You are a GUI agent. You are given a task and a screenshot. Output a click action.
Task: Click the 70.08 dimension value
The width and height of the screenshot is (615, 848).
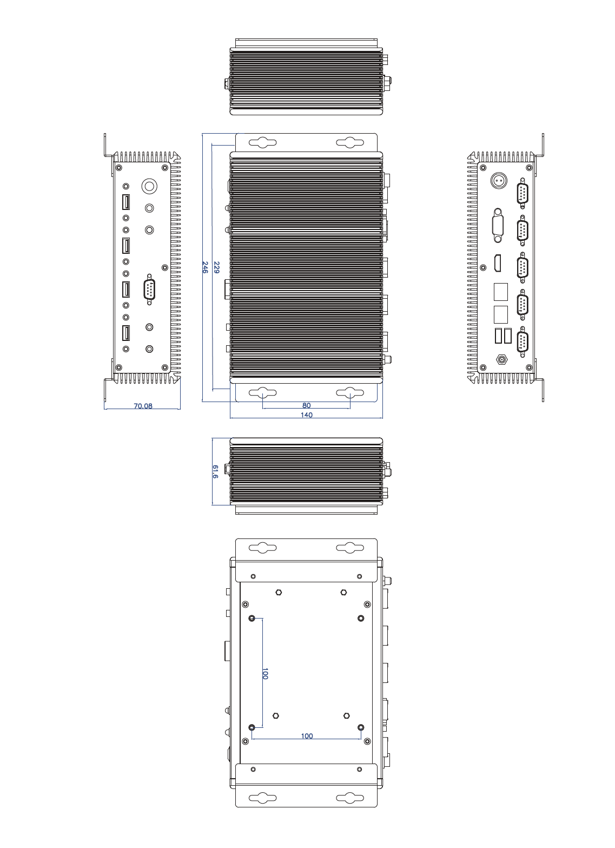coord(143,406)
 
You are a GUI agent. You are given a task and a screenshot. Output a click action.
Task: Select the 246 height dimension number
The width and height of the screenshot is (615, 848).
coord(205,267)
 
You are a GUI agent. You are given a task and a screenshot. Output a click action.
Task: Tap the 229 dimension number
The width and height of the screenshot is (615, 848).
coord(216,267)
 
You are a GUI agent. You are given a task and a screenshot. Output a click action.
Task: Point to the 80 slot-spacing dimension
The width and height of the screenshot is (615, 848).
coord(306,405)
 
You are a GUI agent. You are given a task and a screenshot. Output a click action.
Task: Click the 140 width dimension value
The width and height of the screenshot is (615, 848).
coord(306,415)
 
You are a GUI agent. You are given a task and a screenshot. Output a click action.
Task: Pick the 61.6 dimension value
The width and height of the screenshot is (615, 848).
coord(215,472)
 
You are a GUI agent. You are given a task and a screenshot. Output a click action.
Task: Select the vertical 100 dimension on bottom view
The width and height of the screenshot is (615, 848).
coord(265,674)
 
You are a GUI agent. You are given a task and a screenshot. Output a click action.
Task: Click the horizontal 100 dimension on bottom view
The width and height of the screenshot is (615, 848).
coord(307,736)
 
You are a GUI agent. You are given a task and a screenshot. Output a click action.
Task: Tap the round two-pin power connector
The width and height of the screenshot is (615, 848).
coord(498,180)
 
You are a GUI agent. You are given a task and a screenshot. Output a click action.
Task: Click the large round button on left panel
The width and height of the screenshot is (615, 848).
coord(149,186)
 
